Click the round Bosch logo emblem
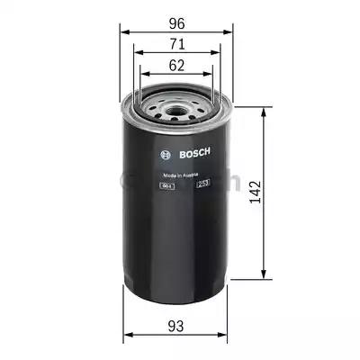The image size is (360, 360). (163, 151)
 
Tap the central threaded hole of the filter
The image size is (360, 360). (176, 114)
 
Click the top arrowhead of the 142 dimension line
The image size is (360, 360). (264, 112)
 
